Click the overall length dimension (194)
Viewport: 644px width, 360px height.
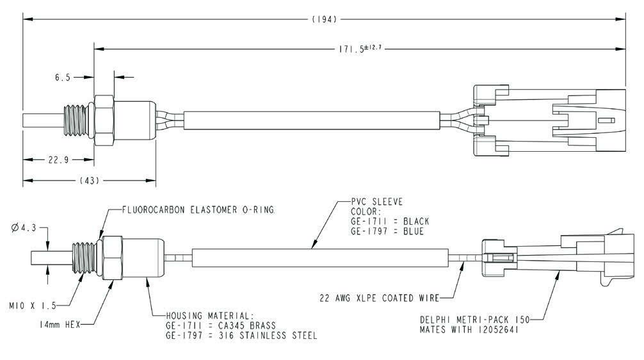coord(325,20)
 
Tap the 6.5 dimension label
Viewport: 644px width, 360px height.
coord(62,77)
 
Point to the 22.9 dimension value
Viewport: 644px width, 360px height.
coord(58,160)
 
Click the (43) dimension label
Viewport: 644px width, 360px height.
coord(90,181)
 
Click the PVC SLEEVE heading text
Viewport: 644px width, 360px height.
coord(377,202)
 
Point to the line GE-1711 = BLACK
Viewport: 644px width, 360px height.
coord(390,221)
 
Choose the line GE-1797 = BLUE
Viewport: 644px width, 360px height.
coord(387,231)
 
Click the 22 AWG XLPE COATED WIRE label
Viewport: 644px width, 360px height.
coord(379,298)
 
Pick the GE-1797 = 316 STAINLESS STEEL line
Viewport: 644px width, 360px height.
coord(241,335)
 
